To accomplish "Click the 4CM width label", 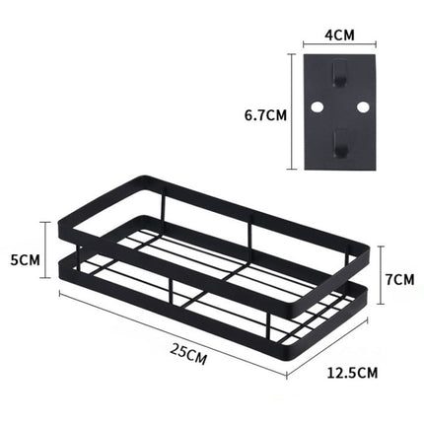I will [338, 34].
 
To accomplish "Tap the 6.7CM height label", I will [264, 113].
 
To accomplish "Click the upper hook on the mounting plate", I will [338, 75].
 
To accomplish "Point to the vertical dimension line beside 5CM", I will [42, 250].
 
